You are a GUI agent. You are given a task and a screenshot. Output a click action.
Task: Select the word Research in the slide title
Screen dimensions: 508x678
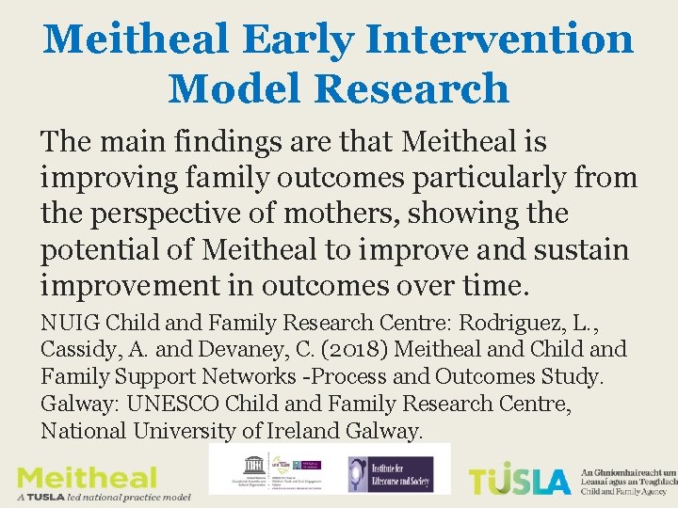(412, 89)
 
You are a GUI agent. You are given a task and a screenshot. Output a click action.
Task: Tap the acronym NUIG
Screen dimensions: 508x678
(70, 323)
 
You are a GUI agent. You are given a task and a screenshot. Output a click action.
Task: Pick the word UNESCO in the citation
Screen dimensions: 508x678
(155, 404)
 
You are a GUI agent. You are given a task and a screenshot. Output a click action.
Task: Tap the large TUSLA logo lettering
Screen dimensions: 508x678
(520, 480)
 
